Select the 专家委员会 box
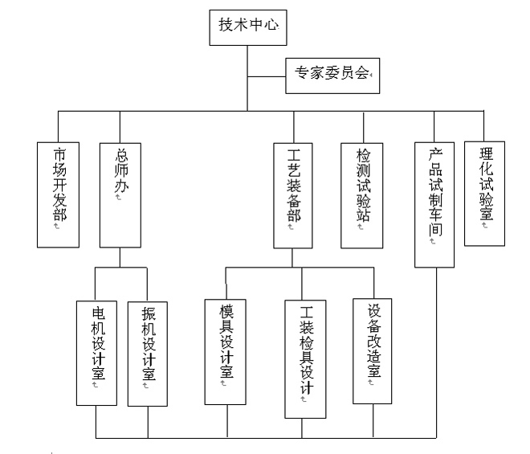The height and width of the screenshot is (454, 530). coord(329,75)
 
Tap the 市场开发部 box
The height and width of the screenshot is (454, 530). coord(59,194)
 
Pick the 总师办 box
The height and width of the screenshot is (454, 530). coord(120,194)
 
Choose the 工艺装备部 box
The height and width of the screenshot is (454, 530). coord(294,194)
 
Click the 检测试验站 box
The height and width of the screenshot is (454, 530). coord(363,194)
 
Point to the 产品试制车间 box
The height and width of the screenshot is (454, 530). coord(435,204)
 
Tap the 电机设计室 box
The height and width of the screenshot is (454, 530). coord(96,352)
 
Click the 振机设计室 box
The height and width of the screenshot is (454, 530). coord(149,352)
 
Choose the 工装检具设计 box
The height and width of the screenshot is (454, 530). coord(306,357)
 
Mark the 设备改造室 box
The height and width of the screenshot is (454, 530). coord(374,350)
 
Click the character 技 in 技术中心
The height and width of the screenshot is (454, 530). coord(226,26)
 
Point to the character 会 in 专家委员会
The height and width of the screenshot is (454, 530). coord(362,75)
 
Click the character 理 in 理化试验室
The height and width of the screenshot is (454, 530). coord(485,153)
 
